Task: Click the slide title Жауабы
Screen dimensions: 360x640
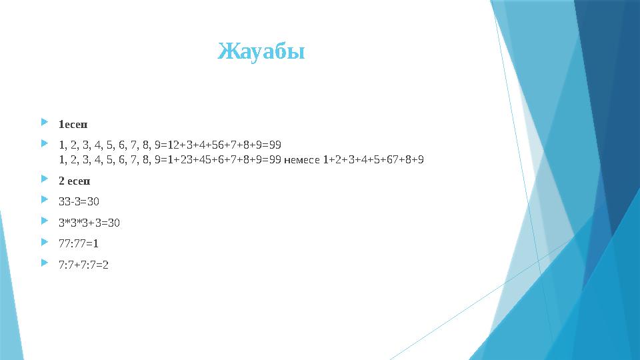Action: (x=261, y=51)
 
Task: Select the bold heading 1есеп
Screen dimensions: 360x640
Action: (x=73, y=124)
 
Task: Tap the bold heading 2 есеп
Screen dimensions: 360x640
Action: (x=74, y=181)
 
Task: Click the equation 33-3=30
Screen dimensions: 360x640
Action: (x=79, y=201)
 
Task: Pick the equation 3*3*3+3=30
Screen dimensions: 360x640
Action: (x=89, y=223)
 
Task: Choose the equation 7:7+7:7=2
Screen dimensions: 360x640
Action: (x=83, y=265)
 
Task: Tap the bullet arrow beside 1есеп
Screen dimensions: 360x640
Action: (x=44, y=123)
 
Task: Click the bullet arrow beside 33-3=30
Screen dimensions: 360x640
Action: (x=44, y=201)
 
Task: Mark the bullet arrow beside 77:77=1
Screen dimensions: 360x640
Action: (x=44, y=243)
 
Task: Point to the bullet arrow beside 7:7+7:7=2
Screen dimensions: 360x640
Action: (x=44, y=264)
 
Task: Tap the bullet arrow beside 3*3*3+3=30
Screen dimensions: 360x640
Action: (x=44, y=222)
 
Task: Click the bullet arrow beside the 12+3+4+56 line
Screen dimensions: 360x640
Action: (x=44, y=143)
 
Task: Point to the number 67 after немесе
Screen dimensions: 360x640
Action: (x=394, y=160)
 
